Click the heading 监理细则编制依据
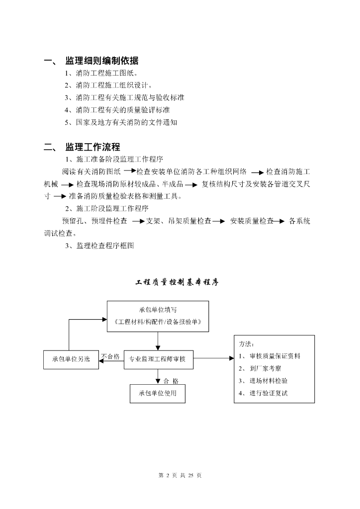click(x=101, y=61)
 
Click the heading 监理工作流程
click(x=92, y=147)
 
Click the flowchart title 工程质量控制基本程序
click(x=177, y=282)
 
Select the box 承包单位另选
click(x=71, y=359)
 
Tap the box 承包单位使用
click(x=157, y=394)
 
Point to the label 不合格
click(x=110, y=356)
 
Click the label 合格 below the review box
click(x=171, y=381)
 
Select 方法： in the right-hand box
click(x=247, y=343)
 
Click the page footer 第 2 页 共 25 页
click(x=180, y=475)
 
